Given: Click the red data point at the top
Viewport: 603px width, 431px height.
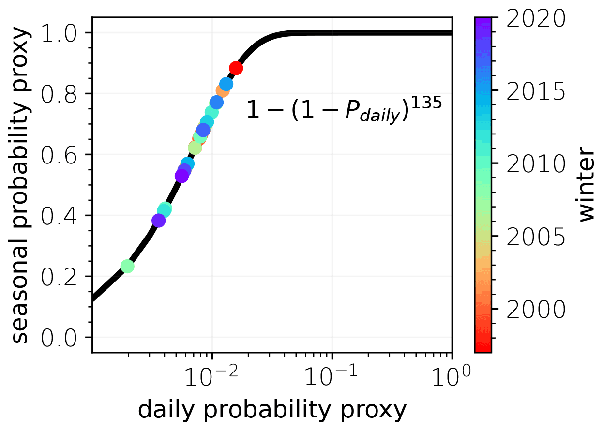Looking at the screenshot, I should point(236,68).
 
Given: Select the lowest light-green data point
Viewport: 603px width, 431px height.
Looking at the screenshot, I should point(127,266).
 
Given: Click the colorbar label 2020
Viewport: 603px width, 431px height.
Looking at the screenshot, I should point(536,19).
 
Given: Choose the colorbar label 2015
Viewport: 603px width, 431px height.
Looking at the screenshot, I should point(536,91).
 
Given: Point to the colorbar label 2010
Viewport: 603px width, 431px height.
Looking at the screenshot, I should point(536,164).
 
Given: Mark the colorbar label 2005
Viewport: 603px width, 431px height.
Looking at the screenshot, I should point(536,237).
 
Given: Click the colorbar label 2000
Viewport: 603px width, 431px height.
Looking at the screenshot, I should point(536,310).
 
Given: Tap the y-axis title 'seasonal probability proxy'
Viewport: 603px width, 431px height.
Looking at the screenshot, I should point(20,186).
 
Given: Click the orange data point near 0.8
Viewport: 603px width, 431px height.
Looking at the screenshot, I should point(222,90).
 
